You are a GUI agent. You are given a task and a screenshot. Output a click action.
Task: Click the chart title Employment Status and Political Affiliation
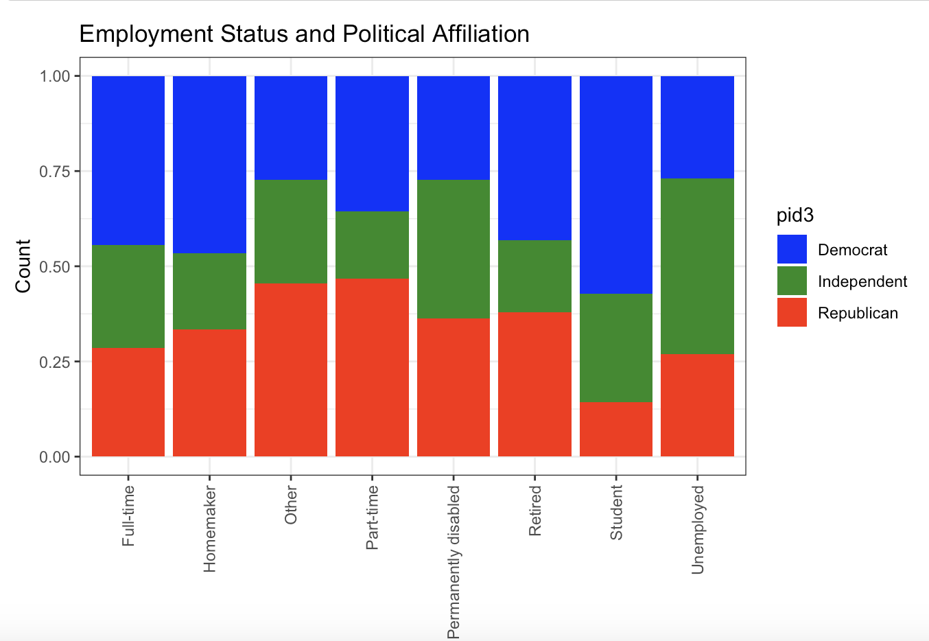(x=304, y=34)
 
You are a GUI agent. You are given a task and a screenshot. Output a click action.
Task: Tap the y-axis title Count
(x=23, y=266)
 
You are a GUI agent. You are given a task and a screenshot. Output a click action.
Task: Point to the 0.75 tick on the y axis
(x=55, y=171)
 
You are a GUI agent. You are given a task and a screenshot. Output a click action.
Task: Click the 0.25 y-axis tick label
(x=55, y=362)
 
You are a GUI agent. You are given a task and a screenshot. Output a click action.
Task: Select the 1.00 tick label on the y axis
(x=55, y=76)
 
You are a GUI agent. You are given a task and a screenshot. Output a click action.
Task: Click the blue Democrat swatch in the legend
(x=792, y=249)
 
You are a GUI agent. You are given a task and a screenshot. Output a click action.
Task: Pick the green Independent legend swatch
(x=792, y=281)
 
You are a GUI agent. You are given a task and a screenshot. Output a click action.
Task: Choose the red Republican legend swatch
(x=792, y=312)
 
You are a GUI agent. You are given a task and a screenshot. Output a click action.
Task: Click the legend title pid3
(x=795, y=215)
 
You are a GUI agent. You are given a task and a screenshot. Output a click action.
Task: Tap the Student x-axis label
(x=616, y=512)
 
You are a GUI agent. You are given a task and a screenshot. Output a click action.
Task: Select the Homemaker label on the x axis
(x=210, y=529)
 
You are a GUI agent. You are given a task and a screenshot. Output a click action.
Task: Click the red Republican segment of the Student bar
(x=616, y=429)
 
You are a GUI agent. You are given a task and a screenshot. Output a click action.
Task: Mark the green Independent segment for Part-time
(x=372, y=245)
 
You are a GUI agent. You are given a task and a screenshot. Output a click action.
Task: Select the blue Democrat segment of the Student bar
(x=616, y=185)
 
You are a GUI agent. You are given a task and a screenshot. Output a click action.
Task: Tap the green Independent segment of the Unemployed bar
(x=697, y=266)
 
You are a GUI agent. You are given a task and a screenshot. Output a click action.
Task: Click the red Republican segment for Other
(x=291, y=370)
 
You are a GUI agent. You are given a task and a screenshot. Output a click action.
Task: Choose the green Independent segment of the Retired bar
(x=534, y=277)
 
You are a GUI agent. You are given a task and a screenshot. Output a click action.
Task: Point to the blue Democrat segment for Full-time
(x=128, y=161)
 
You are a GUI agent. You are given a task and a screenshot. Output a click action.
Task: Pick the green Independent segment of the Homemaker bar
(x=210, y=291)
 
